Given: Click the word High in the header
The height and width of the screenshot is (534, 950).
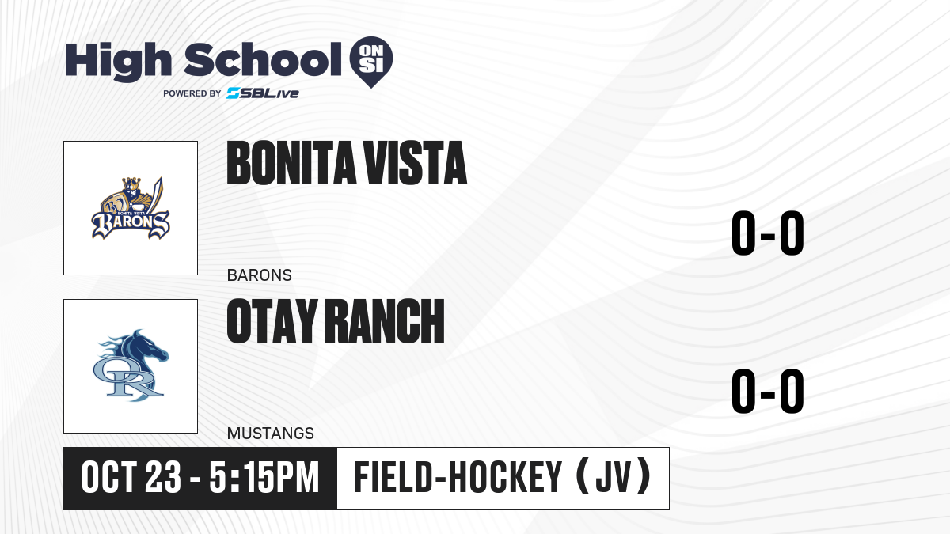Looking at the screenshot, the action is (118, 61).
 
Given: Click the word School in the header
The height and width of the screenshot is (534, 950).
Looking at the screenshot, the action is (263, 59).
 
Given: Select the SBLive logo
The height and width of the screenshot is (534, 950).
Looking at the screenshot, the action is (262, 93).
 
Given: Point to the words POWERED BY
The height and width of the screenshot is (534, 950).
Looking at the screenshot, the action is (192, 93).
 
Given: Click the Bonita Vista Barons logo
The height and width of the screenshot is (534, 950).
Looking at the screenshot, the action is (131, 208).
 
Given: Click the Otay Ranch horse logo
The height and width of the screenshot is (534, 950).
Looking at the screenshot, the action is (131, 365).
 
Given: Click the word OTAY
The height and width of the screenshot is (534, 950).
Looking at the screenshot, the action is (272, 320).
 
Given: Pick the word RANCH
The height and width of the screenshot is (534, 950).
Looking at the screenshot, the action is (385, 320).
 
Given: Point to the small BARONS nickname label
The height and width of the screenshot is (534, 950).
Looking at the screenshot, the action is (260, 275).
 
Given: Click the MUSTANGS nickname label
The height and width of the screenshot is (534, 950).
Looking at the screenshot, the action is (271, 434).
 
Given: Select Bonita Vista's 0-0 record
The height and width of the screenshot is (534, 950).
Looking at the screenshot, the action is (768, 233).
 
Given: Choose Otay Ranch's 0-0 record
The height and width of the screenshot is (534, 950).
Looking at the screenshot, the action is (768, 391).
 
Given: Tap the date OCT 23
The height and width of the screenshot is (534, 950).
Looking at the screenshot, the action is (131, 478).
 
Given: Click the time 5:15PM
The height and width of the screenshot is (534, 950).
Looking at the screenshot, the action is (264, 478).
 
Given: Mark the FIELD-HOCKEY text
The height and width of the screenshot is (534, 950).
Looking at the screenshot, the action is (458, 478).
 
